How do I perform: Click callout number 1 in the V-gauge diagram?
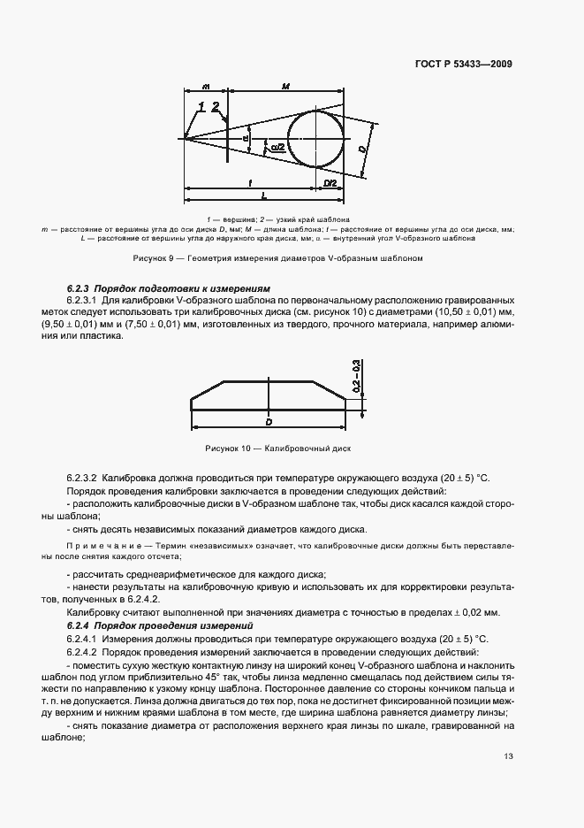tap(202, 107)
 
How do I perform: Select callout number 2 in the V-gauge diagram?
tap(216, 107)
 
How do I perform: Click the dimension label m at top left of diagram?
tap(205, 87)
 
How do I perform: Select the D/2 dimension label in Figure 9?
tap(330, 182)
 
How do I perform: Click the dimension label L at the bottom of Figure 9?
tap(264, 195)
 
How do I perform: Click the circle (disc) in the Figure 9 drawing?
tap(318, 137)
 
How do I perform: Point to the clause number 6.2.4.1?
tap(82, 638)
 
